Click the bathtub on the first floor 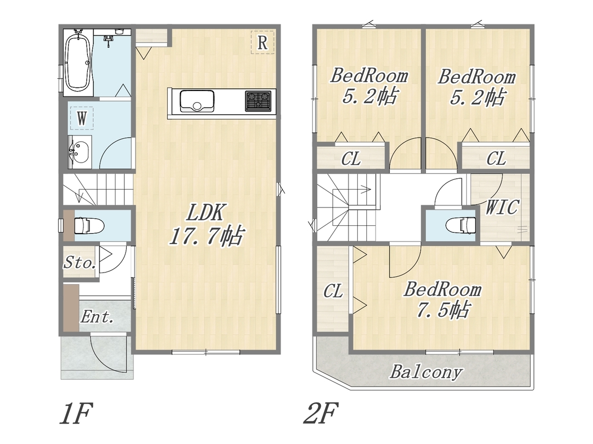[x=78, y=62]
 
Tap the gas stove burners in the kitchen [x=258, y=101]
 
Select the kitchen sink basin [x=197, y=101]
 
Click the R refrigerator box [x=262, y=42]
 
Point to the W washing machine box [x=82, y=118]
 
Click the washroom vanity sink [x=79, y=152]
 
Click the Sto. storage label [x=79, y=262]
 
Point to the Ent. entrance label [x=97, y=317]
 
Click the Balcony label [x=426, y=372]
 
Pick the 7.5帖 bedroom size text [x=442, y=310]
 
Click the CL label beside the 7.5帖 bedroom [x=333, y=291]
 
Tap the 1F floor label [x=76, y=413]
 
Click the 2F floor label [x=321, y=413]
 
